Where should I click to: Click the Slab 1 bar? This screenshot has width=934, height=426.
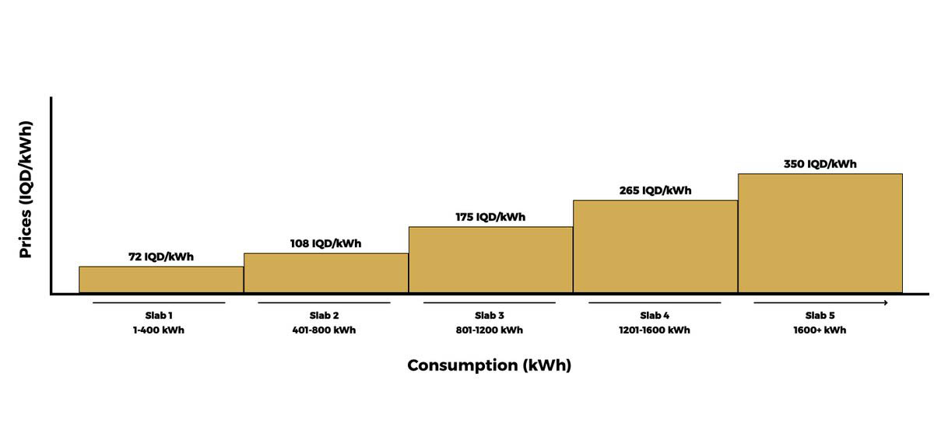click(161, 279)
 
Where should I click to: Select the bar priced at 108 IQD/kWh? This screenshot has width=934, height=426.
click(326, 273)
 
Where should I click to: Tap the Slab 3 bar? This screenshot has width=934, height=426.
click(491, 260)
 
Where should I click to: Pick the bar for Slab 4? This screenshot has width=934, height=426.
click(655, 246)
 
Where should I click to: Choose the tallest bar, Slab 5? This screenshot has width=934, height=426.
click(820, 233)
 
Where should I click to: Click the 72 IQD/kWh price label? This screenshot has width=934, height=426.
click(161, 257)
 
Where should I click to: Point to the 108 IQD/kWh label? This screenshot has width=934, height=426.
click(325, 243)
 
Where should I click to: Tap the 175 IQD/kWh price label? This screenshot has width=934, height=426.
click(490, 217)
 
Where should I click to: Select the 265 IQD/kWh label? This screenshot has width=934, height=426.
click(655, 190)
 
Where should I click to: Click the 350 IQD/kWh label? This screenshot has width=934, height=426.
click(820, 164)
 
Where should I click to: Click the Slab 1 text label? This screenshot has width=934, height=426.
click(159, 316)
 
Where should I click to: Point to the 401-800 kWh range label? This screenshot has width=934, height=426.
click(324, 330)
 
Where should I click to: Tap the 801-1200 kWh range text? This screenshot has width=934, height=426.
click(489, 330)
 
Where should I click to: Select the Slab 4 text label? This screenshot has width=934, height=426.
click(655, 316)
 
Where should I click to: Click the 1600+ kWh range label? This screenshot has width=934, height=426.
click(820, 330)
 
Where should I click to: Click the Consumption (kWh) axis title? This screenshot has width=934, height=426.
click(489, 365)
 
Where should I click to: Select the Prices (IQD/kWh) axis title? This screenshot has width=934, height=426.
click(26, 190)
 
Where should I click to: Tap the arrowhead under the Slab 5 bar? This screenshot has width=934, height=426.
click(886, 302)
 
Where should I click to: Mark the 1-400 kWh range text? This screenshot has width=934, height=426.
click(159, 330)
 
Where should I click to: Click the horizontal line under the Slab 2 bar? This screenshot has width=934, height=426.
click(324, 302)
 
